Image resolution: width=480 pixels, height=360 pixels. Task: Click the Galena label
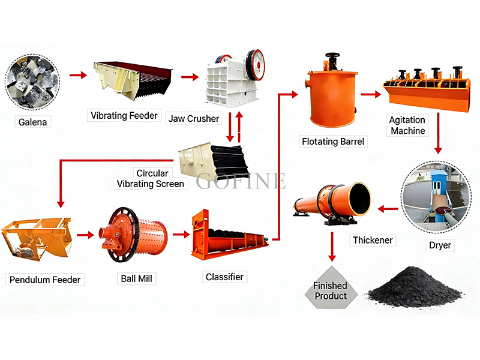click(32, 122)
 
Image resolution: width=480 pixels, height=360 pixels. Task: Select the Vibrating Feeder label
click(124, 115)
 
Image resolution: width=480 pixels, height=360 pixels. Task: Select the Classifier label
click(224, 277)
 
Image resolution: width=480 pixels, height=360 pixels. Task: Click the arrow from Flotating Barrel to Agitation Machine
click(371, 94)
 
